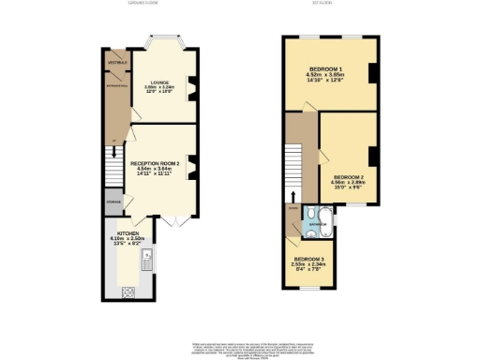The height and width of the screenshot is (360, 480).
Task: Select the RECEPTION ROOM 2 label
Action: coord(156,162)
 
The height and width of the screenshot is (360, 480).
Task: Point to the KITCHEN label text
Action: coord(128,233)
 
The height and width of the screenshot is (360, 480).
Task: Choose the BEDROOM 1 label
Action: coord(326,71)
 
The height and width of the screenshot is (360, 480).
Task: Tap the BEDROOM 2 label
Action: coord(349,176)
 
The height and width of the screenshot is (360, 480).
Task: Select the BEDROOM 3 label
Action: coord(310,258)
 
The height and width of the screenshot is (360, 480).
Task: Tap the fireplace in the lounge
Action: coord(194,91)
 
